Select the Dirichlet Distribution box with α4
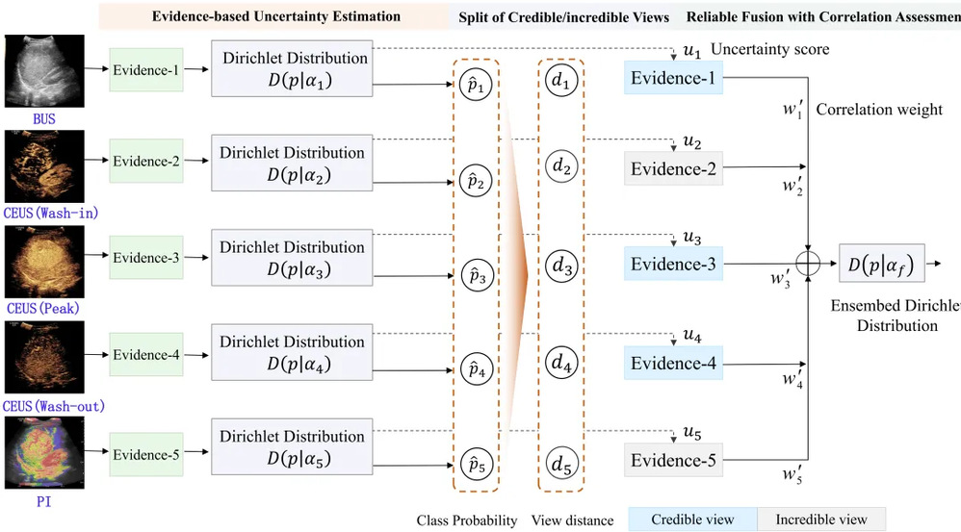point(292,353)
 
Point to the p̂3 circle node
point(474,274)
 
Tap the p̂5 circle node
point(474,463)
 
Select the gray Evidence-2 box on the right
point(673,169)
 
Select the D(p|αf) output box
point(881,261)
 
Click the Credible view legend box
point(692,519)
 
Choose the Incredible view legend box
point(821,519)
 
